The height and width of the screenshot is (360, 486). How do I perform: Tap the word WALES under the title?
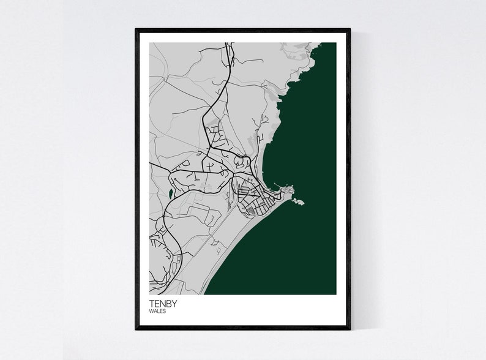[x=157, y=311]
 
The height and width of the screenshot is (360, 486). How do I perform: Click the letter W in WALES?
[x=151, y=311]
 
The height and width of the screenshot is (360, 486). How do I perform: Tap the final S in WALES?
[x=164, y=311]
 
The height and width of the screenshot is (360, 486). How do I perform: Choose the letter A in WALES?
[x=154, y=311]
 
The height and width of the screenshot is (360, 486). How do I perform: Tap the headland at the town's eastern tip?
[x=286, y=193]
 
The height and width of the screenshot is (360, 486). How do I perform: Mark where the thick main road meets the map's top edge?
[x=228, y=43]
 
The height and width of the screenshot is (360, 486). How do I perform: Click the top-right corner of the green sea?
[x=335, y=43]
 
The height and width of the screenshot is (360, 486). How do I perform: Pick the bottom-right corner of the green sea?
[x=335, y=294]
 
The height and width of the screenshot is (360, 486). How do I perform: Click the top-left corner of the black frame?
[x=136, y=29]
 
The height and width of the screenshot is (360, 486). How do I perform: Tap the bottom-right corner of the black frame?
[x=350, y=329]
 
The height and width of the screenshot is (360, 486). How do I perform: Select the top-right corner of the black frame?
[x=350, y=29]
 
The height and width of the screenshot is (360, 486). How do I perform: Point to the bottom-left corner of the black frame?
[x=136, y=329]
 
